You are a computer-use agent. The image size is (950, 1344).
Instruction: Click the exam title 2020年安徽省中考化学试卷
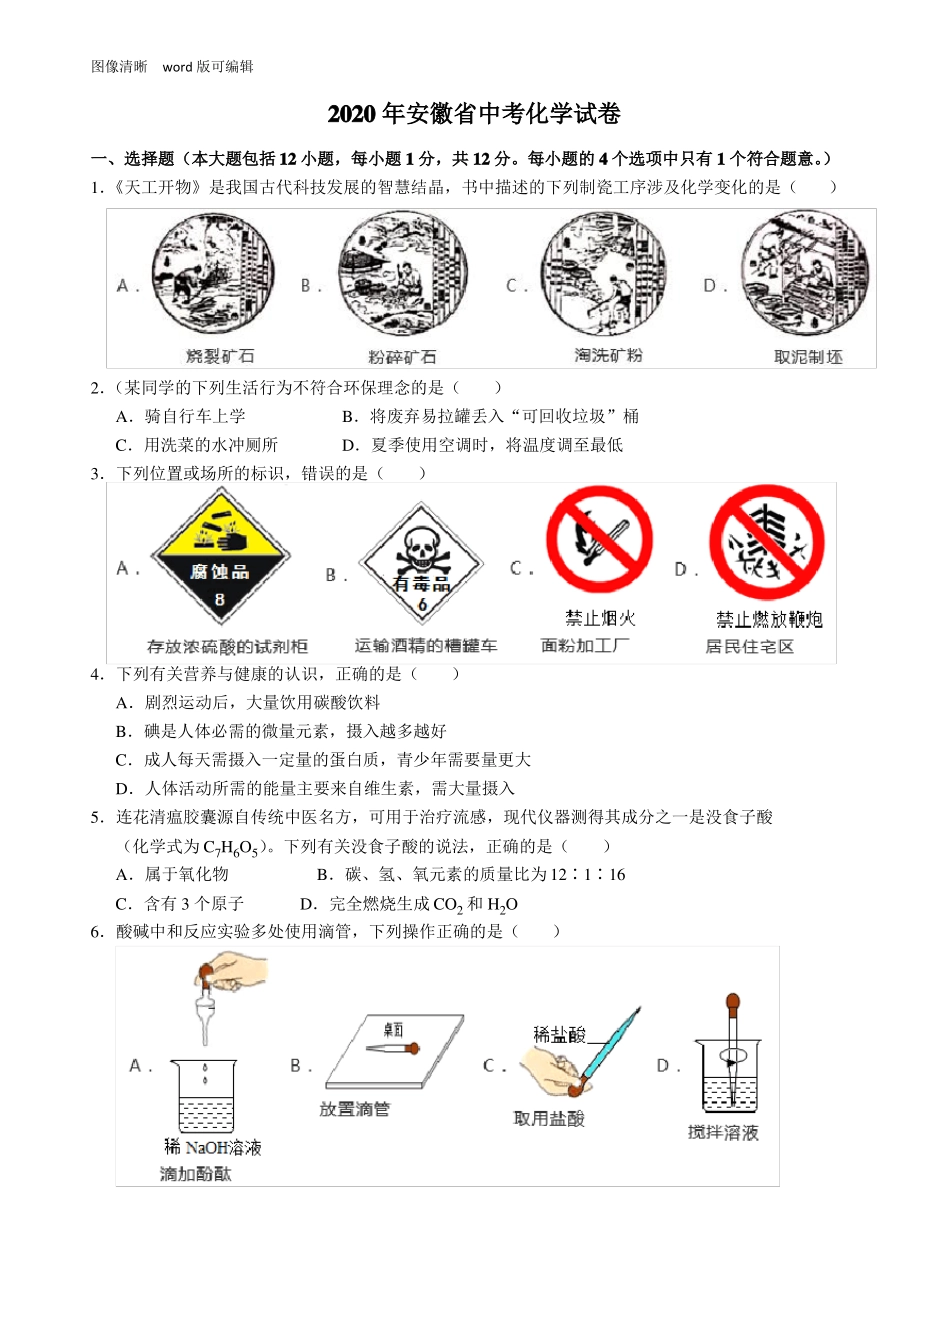coord(474,114)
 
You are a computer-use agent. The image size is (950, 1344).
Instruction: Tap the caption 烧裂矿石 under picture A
coord(220,356)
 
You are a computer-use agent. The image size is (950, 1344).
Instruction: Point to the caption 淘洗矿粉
coord(608,355)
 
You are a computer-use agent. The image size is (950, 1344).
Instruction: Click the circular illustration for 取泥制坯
coord(804,274)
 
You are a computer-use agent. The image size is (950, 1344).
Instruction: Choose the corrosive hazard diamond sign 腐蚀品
coord(220,557)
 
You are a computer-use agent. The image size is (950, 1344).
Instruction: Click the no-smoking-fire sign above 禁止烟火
coord(599,540)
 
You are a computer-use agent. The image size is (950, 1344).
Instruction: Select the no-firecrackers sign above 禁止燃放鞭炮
coord(767,543)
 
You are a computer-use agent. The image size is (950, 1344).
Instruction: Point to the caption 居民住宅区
coord(750,647)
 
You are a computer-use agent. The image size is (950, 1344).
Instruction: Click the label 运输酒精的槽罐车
coord(425,646)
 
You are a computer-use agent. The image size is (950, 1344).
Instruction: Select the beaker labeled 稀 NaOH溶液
coord(205,1097)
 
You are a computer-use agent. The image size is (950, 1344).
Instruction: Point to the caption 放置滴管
coord(354,1109)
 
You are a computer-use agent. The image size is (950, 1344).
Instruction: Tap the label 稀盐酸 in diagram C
coord(559,1035)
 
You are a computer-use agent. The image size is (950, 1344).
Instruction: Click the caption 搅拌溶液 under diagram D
coord(723,1132)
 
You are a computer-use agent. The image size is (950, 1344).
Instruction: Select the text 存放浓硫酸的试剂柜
coord(227,647)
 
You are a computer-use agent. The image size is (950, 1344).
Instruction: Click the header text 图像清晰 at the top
coord(119,67)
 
